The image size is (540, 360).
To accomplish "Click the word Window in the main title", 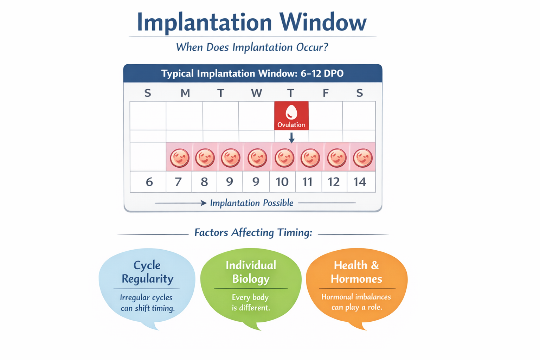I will pyautogui.click(x=323, y=22).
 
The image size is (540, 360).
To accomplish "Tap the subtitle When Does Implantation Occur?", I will pyautogui.click(x=252, y=47).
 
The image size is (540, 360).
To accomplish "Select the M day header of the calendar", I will pyautogui.click(x=185, y=93).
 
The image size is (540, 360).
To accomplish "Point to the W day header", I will pyautogui.click(x=256, y=93).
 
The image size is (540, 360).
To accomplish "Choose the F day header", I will pyautogui.click(x=326, y=93).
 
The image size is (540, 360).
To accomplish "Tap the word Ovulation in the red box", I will pyautogui.click(x=291, y=125).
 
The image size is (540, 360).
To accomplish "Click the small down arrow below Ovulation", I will pyautogui.click(x=291, y=138).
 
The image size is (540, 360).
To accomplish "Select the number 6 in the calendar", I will pyautogui.click(x=149, y=182).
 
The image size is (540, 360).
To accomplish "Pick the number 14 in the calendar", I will pyautogui.click(x=360, y=182).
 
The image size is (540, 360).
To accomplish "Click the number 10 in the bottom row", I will pyautogui.click(x=282, y=182).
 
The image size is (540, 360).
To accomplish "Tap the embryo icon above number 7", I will pyautogui.click(x=180, y=157).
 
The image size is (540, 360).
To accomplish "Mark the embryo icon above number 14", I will pyautogui.click(x=362, y=157).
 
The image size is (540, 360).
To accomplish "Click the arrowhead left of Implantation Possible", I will pyautogui.click(x=203, y=203).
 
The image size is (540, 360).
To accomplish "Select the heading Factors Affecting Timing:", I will pyautogui.click(x=253, y=233).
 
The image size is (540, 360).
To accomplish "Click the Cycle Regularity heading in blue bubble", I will pyautogui.click(x=147, y=272).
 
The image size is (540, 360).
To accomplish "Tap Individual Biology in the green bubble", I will pyautogui.click(x=251, y=272).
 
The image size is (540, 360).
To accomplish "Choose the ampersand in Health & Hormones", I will pyautogui.click(x=375, y=265).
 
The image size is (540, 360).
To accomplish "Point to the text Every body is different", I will pyautogui.click(x=250, y=303).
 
